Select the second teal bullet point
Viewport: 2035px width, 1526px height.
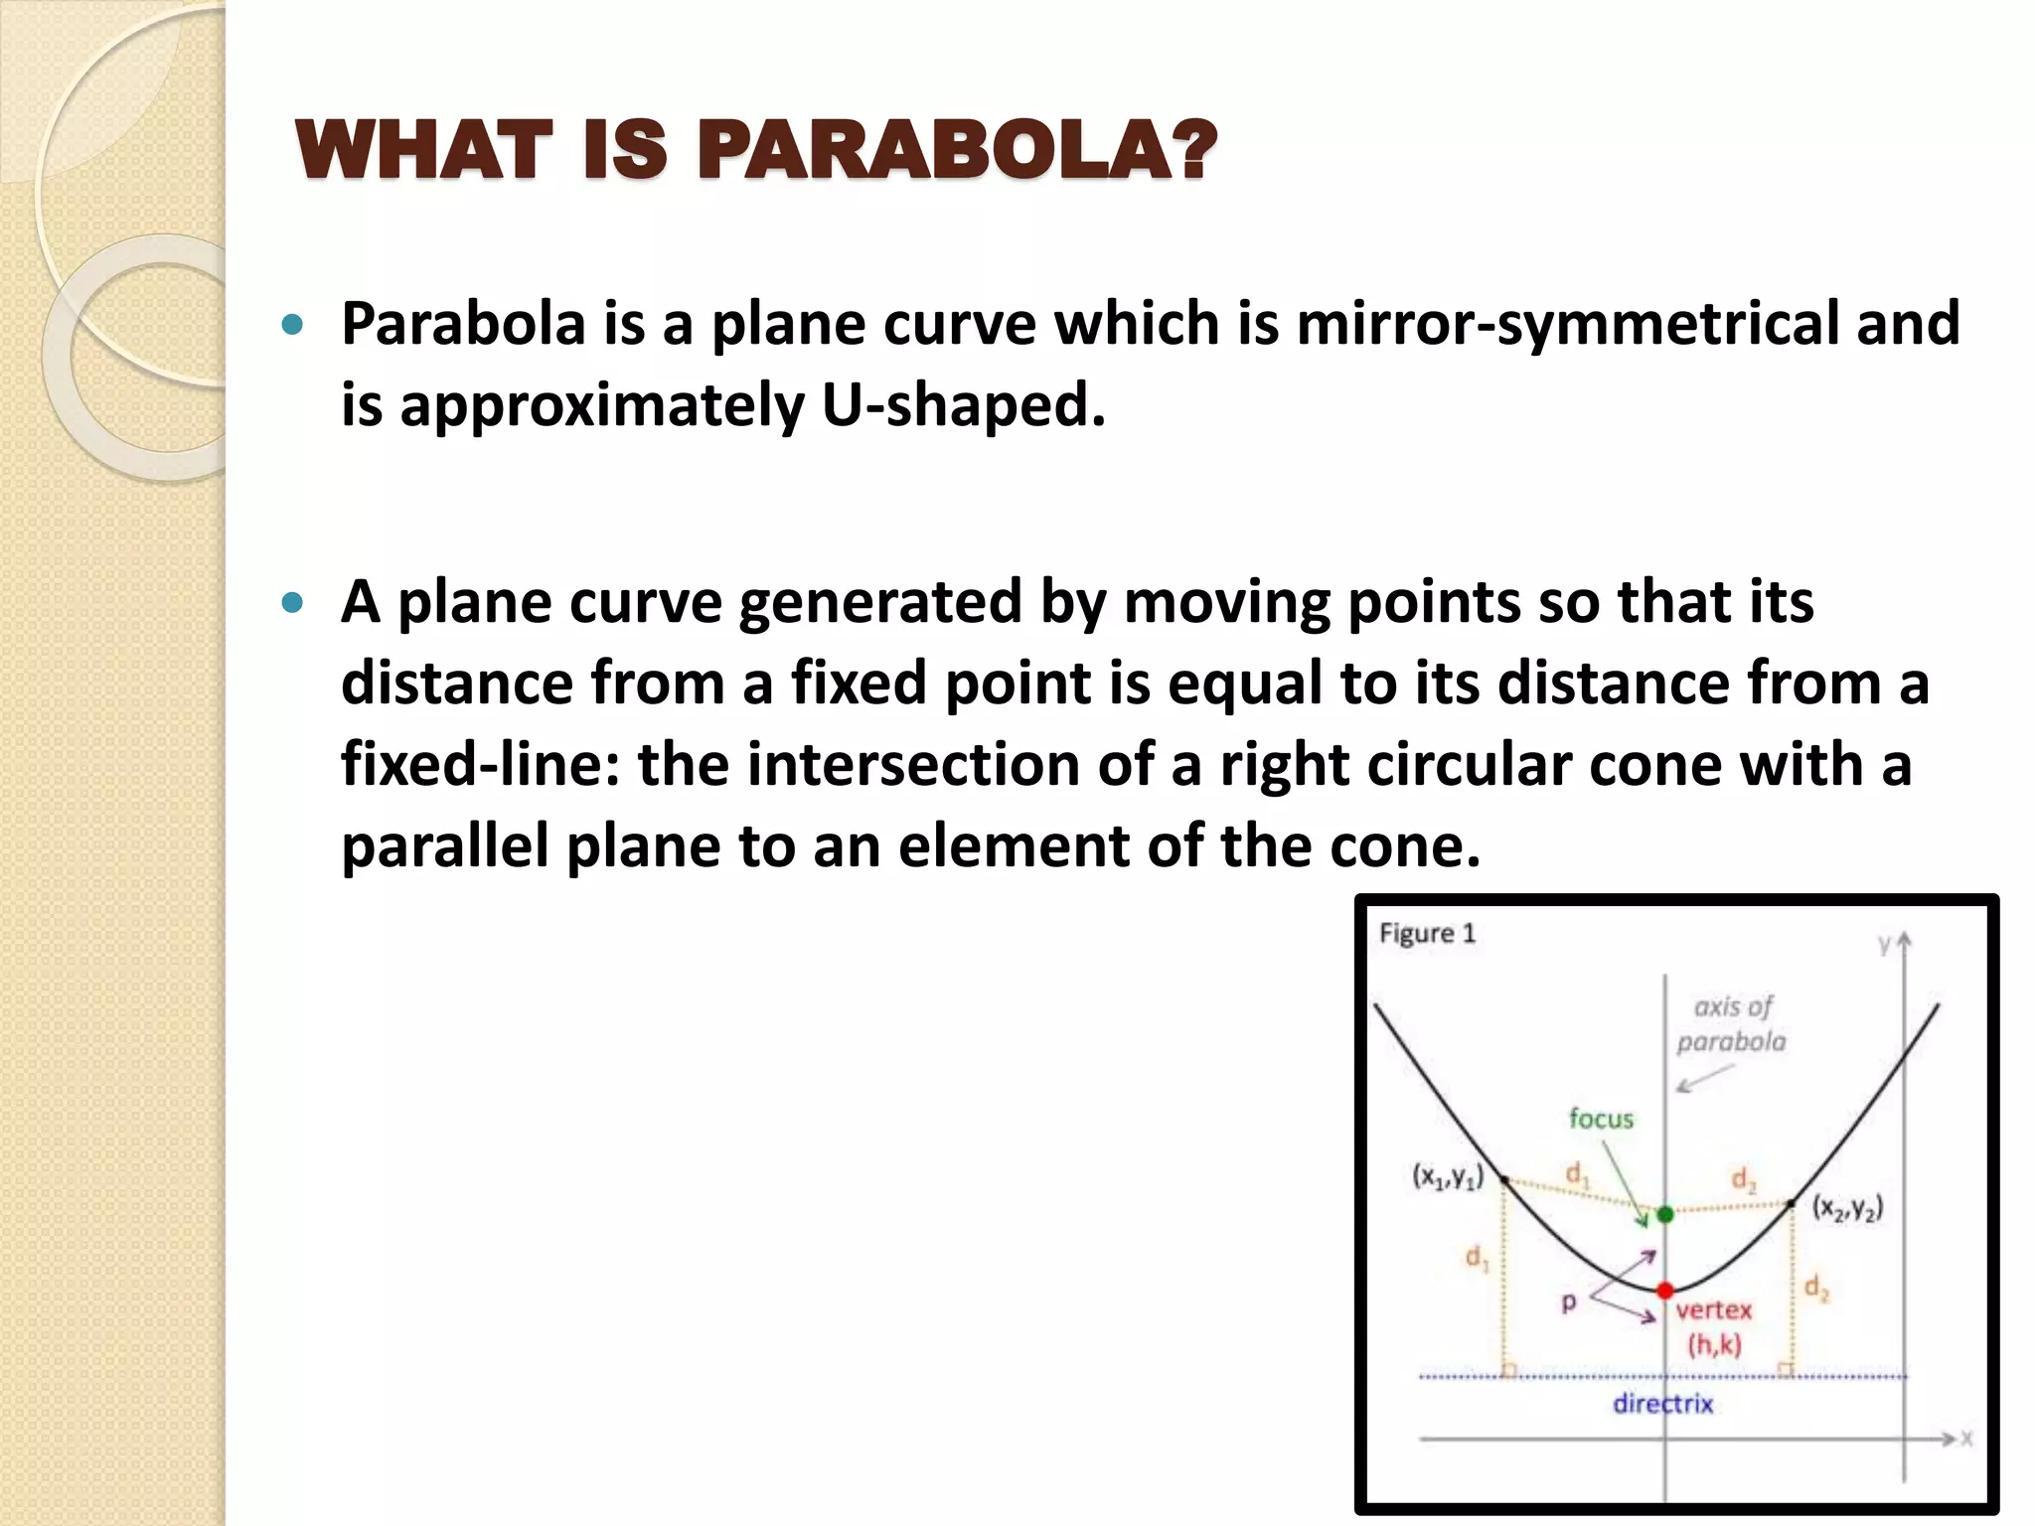[291, 602]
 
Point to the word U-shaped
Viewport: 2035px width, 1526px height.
[963, 405]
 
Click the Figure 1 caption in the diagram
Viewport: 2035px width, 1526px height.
[1428, 934]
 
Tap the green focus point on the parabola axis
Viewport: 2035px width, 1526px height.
[1665, 1214]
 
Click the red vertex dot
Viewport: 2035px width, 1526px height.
[1665, 1291]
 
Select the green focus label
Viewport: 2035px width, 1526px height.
[1601, 1119]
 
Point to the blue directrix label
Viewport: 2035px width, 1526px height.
[1662, 1404]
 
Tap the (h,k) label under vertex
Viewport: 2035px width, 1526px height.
[1714, 1345]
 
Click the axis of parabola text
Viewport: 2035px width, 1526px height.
[1732, 1024]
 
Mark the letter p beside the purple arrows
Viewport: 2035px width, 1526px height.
[1569, 1301]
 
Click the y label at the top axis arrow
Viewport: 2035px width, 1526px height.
[1883, 945]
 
